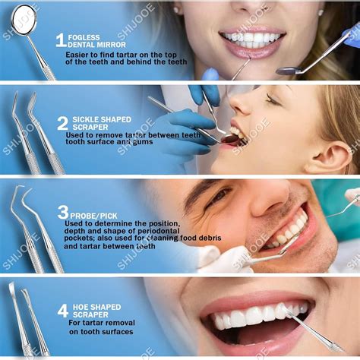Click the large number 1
click(x=61, y=40)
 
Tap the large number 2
click(x=62, y=123)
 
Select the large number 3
click(x=63, y=212)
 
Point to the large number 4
click(x=63, y=311)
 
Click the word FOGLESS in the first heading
click(x=84, y=37)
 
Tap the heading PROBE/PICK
click(x=93, y=216)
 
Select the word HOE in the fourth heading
click(x=81, y=307)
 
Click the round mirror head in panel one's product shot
click(x=24, y=19)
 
